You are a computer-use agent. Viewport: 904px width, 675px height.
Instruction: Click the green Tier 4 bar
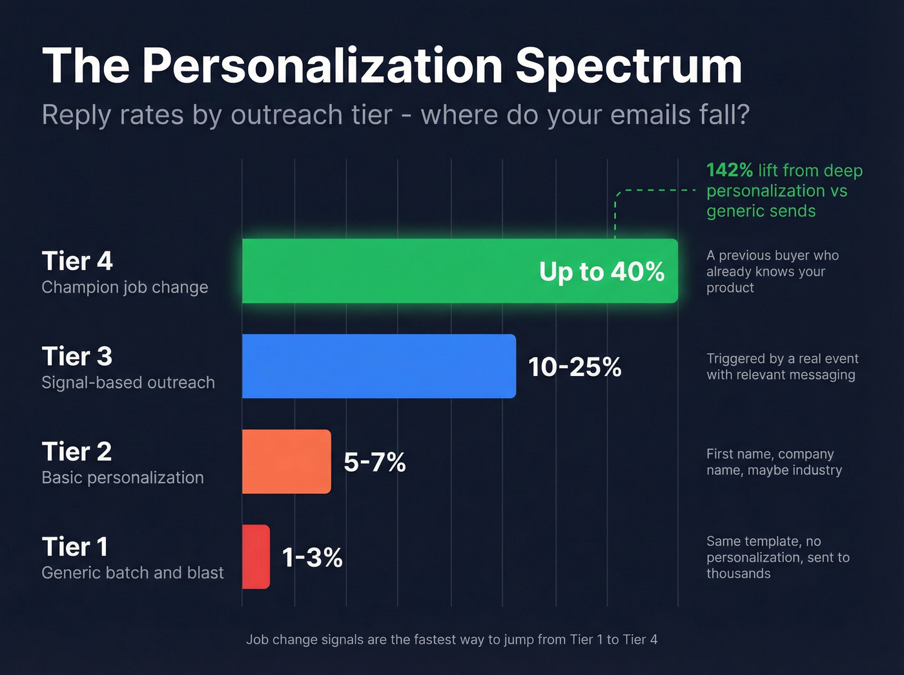pos(387,271)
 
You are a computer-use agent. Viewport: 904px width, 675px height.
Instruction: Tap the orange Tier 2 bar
pos(287,462)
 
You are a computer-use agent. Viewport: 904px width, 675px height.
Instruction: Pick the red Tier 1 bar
pos(256,557)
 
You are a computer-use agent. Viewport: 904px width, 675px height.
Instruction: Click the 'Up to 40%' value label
pos(601,272)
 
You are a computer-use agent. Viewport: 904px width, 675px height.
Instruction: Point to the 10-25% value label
pos(575,367)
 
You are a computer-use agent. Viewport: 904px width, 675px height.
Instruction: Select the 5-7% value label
pos(375,462)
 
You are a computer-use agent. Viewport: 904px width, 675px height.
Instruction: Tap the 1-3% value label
pos(313,557)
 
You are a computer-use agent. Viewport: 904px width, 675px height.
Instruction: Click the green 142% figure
pos(729,171)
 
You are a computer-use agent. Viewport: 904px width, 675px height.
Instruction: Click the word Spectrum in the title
pos(628,66)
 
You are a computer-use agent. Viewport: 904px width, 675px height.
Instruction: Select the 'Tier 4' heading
pos(77,262)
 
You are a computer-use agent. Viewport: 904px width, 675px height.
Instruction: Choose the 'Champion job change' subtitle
pos(125,287)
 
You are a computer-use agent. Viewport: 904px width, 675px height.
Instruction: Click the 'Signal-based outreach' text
pos(128,382)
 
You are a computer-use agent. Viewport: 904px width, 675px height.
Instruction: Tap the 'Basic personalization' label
pos(123,478)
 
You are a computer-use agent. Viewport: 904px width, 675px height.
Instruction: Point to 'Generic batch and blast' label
pos(132,573)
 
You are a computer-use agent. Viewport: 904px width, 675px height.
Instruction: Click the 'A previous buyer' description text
pos(772,272)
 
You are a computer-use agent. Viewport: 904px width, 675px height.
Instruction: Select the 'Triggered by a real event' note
pos(782,367)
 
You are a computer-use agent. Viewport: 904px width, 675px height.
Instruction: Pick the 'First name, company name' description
pos(774,462)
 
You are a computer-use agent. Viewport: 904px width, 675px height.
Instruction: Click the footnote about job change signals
pos(451,639)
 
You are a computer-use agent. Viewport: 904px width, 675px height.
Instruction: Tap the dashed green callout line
pos(655,191)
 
